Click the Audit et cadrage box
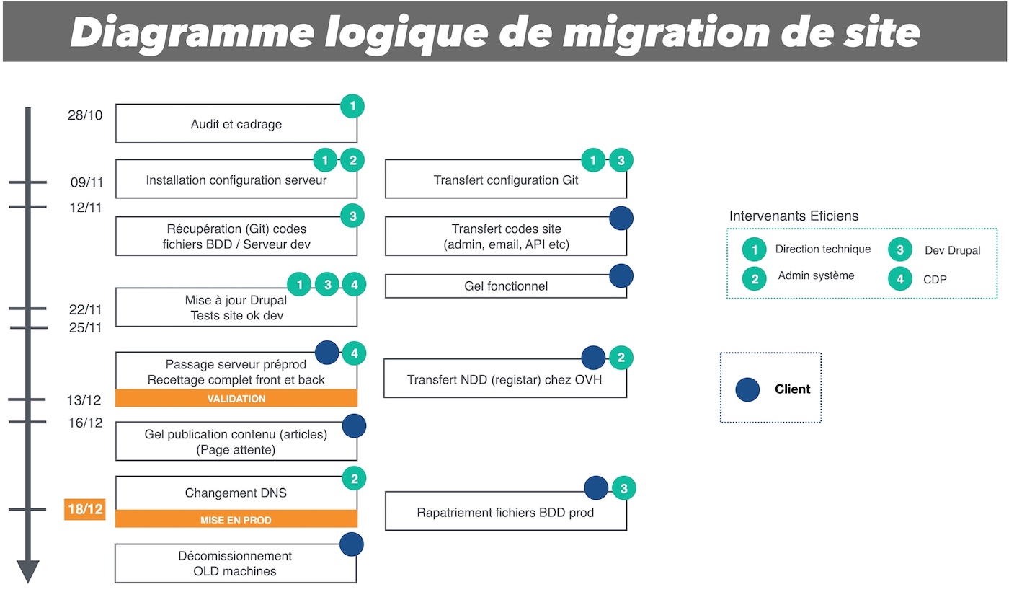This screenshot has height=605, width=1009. click(236, 124)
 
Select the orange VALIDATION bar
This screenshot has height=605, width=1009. click(236, 399)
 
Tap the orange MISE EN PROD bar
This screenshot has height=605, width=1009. click(236, 519)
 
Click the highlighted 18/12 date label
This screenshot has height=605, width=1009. click(85, 510)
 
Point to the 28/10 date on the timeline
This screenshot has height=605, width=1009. click(86, 115)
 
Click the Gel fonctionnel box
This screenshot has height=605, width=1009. click(505, 286)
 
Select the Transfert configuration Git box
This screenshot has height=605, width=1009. click(505, 180)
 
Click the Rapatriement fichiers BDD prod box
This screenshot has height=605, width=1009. click(505, 513)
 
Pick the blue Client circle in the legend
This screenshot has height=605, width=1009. click(747, 389)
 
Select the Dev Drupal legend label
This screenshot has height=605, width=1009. click(952, 251)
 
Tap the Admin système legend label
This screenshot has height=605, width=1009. click(816, 275)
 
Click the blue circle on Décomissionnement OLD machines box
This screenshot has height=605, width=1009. click(351, 544)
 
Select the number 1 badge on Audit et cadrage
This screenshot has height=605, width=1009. click(352, 107)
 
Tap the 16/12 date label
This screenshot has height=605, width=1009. click(86, 423)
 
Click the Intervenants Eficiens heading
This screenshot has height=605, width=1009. click(794, 216)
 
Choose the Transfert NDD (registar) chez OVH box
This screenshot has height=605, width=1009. click(504, 379)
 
